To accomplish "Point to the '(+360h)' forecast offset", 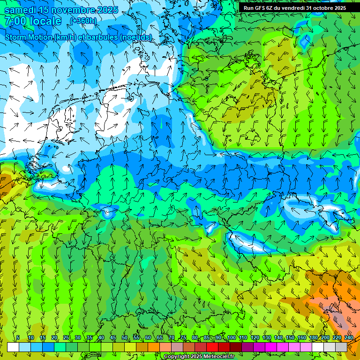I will point(83,21).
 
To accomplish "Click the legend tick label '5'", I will point(18,338).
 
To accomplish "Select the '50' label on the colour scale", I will point(124,338).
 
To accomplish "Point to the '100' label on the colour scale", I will point(232,338).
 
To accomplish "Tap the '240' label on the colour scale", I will point(348,338).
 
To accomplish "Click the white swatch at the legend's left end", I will point(13,347).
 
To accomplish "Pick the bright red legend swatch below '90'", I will point(212,347).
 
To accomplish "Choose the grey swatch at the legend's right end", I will point(341,347).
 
